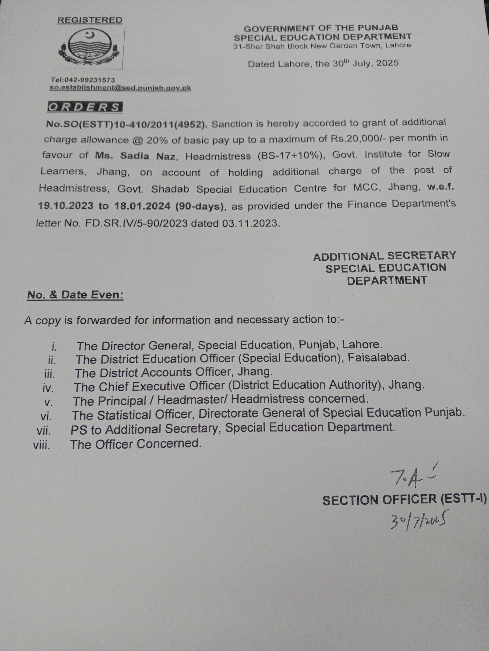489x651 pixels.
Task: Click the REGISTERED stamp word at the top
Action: pyautogui.click(x=90, y=20)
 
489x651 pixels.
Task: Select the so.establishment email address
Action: pyautogui.click(x=120, y=88)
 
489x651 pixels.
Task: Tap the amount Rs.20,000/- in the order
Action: pyautogui.click(x=358, y=138)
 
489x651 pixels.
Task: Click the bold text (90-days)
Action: pyautogui.click(x=200, y=206)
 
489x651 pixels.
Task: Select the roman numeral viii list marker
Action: pyautogui.click(x=42, y=445)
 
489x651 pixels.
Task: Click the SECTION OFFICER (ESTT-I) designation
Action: pyautogui.click(x=404, y=500)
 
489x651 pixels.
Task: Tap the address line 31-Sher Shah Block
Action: pyautogui.click(x=322, y=46)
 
